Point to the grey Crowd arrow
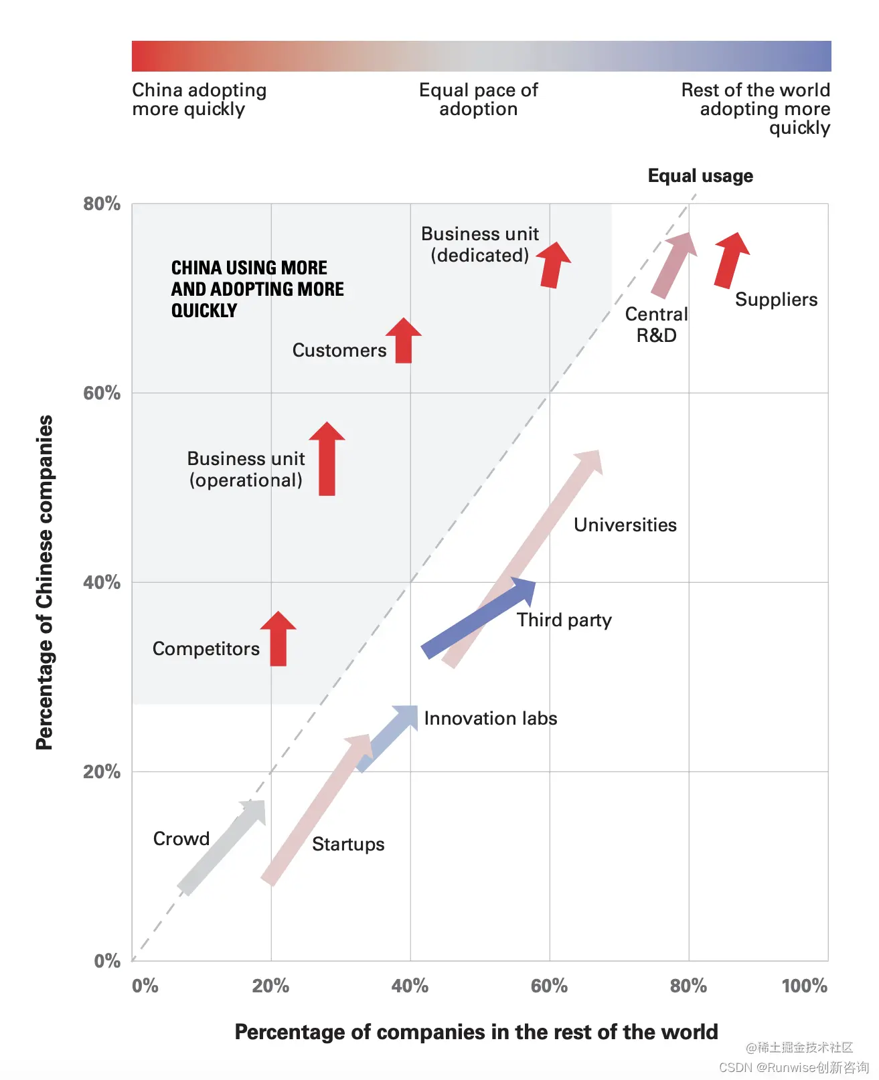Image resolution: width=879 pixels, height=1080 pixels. pyautogui.click(x=221, y=848)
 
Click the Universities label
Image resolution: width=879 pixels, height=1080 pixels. pyautogui.click(x=625, y=525)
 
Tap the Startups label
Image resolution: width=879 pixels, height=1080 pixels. pyautogui.click(x=348, y=844)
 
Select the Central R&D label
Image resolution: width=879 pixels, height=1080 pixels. pyautogui.click(x=656, y=325)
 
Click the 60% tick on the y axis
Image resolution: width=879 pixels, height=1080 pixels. pyautogui.click(x=102, y=393)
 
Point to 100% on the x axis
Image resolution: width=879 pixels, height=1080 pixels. pyautogui.click(x=804, y=986)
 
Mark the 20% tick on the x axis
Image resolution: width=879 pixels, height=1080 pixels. pyautogui.click(x=270, y=986)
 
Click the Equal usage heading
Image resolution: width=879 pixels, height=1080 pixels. pyautogui.click(x=700, y=176)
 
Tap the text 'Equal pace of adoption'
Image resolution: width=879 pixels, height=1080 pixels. pyautogui.click(x=478, y=100)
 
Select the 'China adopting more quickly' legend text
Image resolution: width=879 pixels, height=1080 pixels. pyautogui.click(x=199, y=100)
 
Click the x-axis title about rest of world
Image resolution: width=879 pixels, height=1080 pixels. pyautogui.click(x=476, y=1032)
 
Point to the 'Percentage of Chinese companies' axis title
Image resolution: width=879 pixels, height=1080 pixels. pyautogui.click(x=44, y=582)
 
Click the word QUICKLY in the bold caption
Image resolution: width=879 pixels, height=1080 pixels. pyautogui.click(x=204, y=310)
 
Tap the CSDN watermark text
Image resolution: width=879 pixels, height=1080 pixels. pyautogui.click(x=794, y=1067)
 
